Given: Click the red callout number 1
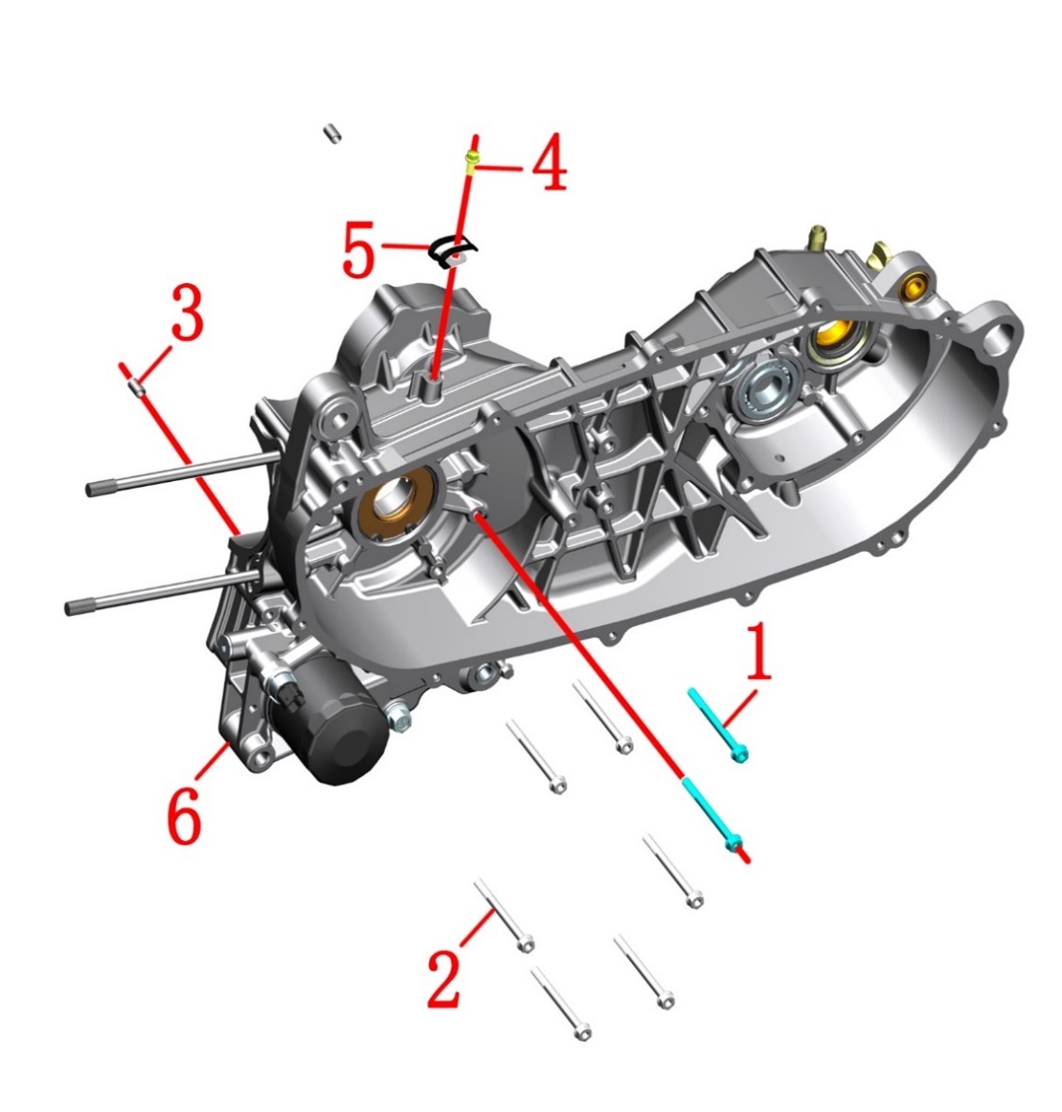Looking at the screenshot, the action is (758, 652).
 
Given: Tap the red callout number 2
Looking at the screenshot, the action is (444, 979).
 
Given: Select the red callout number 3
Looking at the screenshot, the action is (187, 311).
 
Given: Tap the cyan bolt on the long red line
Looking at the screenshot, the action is (712, 813).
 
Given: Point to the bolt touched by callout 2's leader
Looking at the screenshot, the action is (504, 913).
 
